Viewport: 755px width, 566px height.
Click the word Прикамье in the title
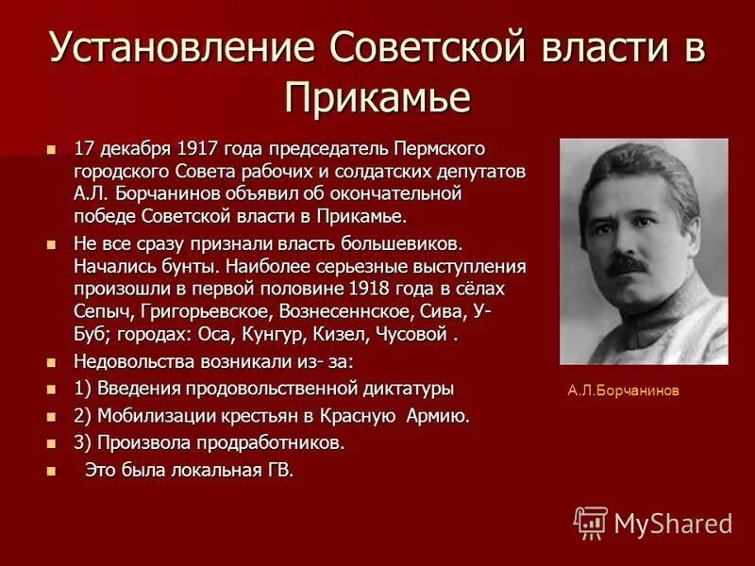tap(377, 97)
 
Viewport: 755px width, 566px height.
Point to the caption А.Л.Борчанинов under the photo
tap(623, 390)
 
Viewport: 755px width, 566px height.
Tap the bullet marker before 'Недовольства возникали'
tap(52, 362)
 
